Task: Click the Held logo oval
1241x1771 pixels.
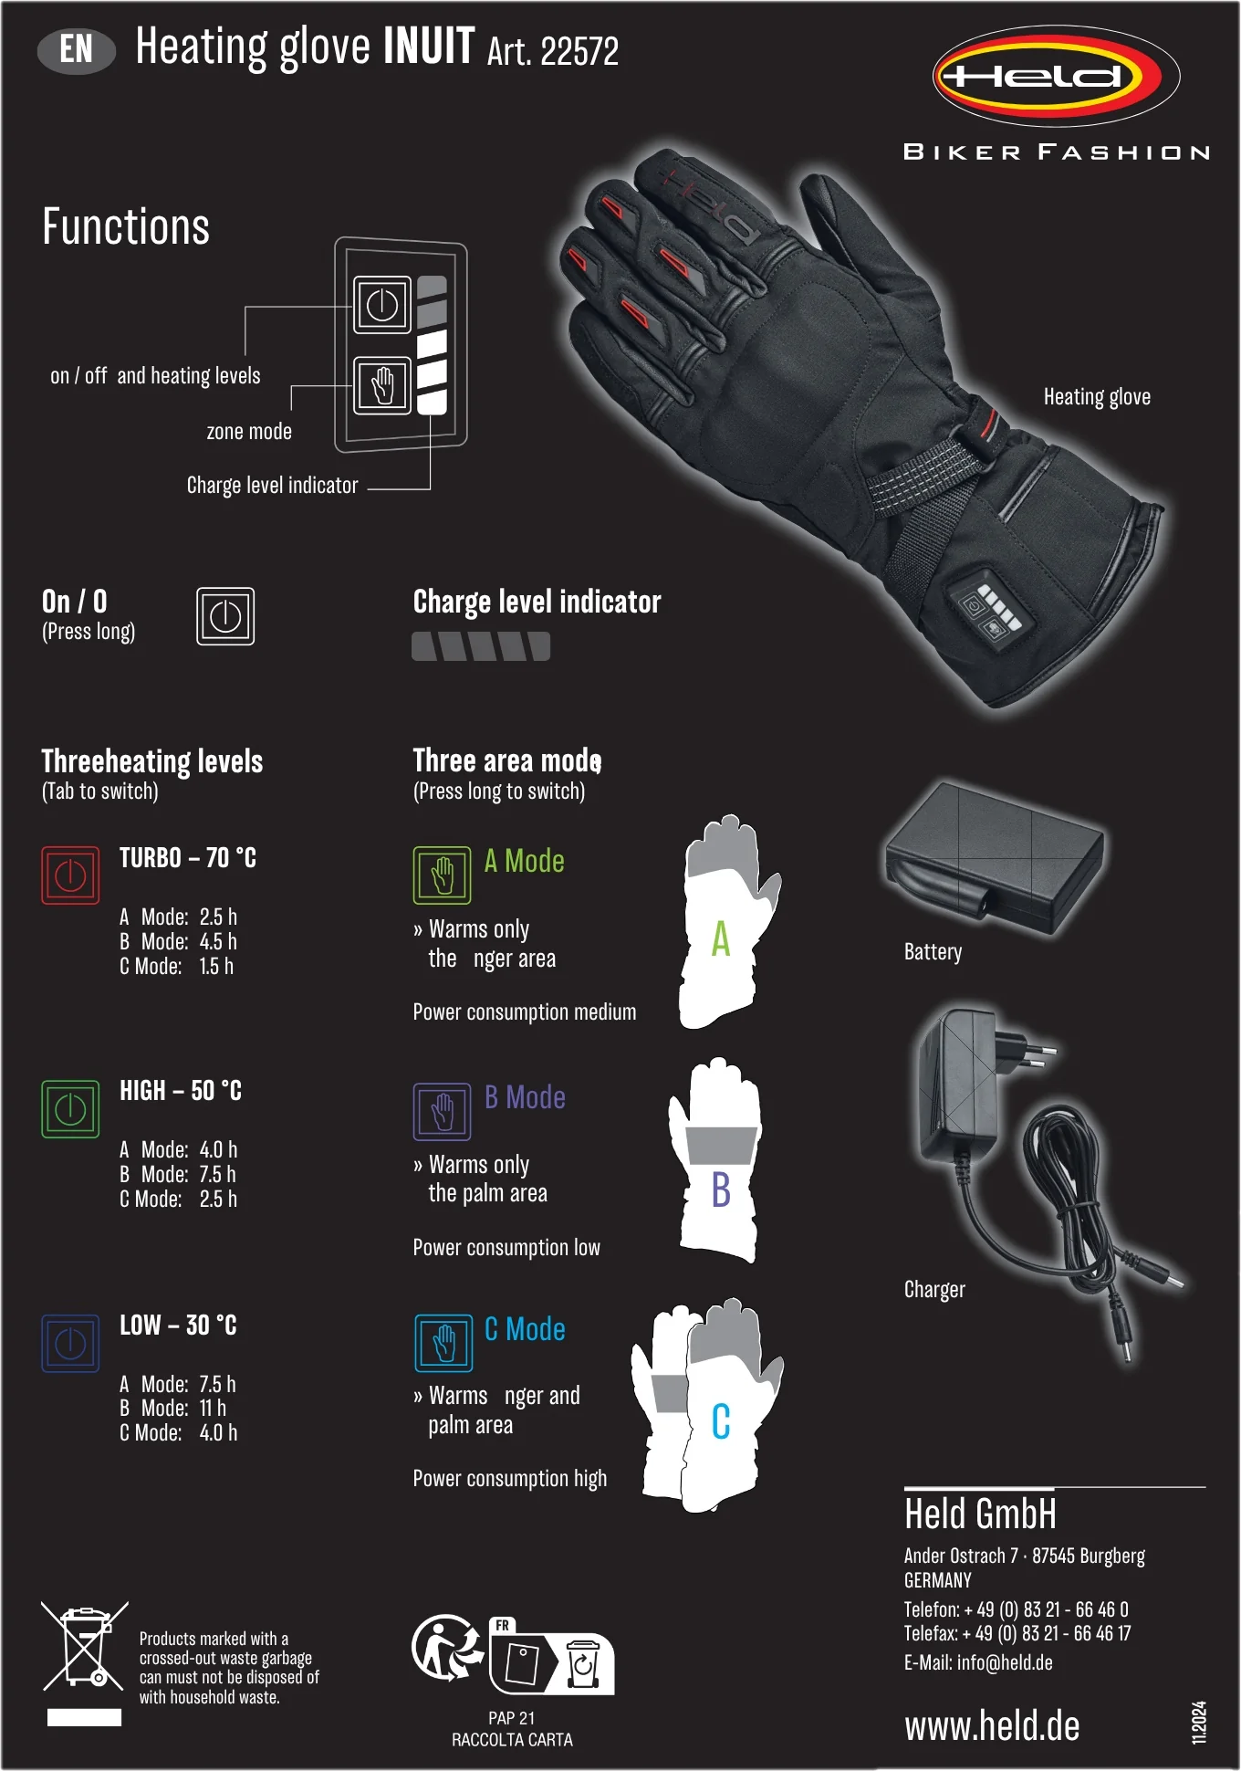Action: [x=1056, y=76]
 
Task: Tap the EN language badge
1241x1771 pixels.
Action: [x=77, y=49]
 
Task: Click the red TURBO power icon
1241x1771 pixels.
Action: [x=70, y=875]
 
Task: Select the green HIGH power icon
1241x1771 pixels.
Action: [x=70, y=1109]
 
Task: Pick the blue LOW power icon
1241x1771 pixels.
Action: [x=70, y=1343]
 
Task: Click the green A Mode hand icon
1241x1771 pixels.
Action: [x=443, y=875]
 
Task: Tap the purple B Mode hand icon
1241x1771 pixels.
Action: [x=443, y=1112]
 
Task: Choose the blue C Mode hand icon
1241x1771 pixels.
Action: [x=443, y=1343]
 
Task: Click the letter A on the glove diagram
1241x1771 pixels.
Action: [x=721, y=938]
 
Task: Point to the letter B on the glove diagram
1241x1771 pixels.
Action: [x=721, y=1189]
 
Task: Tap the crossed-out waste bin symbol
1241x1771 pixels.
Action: [x=85, y=1646]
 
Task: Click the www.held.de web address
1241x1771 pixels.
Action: [x=992, y=1726]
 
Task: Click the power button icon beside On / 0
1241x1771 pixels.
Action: [x=225, y=616]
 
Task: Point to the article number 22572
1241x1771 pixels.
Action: [x=579, y=51]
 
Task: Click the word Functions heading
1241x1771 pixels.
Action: [x=126, y=226]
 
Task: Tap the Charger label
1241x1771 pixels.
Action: [x=934, y=1289]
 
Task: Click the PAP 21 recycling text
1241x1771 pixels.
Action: [x=512, y=1718]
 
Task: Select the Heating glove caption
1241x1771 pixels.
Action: [x=1097, y=397]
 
